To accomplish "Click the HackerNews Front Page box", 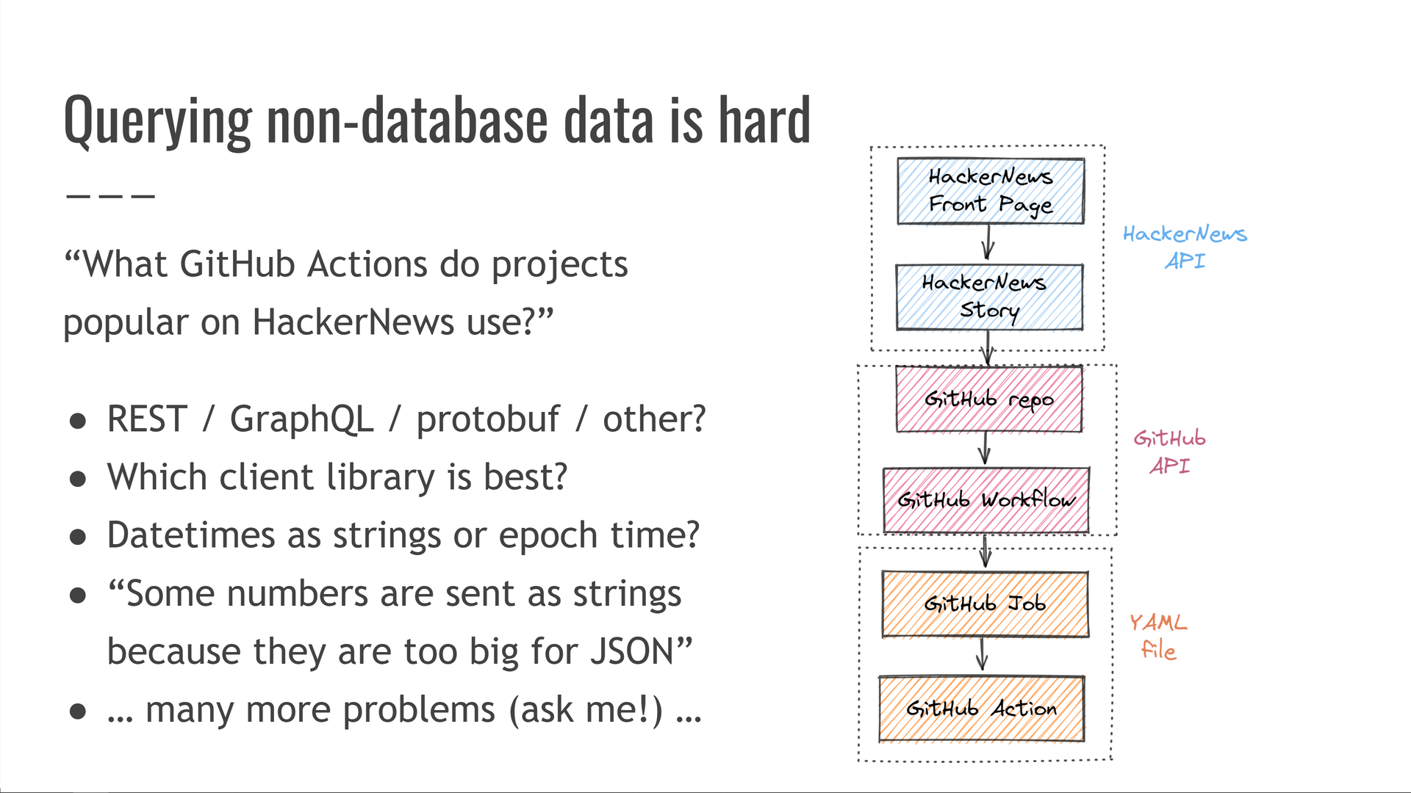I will (990, 191).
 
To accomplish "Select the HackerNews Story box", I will (989, 297).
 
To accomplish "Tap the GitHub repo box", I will (989, 399).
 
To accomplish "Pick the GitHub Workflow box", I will (986, 500).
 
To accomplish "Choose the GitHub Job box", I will (985, 604).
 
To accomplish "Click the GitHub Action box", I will (982, 709).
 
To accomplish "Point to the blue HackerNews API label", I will (1185, 247).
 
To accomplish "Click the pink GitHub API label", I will (1169, 452).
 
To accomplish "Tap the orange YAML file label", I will (1158, 636).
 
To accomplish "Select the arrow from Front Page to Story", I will (988, 242).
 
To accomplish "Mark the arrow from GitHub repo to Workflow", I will (985, 448).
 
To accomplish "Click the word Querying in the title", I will (158, 121).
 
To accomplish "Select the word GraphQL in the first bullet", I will (301, 419).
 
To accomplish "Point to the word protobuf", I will (488, 420).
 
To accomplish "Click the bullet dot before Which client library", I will (78, 479).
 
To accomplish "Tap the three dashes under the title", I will (110, 196).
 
